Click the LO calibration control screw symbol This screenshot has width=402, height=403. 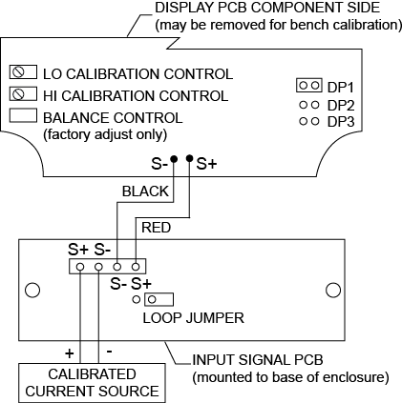(x=18, y=72)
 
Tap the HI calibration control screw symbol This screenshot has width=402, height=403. (x=18, y=94)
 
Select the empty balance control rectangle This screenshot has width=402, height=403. (x=23, y=115)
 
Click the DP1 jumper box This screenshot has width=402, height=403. (x=309, y=86)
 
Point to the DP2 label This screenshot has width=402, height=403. (x=341, y=106)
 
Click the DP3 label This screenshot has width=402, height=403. (x=341, y=122)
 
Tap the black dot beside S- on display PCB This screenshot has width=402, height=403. (x=174, y=158)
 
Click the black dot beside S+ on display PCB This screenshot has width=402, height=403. (x=190, y=158)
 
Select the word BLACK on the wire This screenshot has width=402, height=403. (x=145, y=191)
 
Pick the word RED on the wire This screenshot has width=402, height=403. (x=156, y=228)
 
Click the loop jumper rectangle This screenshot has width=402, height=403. (x=159, y=299)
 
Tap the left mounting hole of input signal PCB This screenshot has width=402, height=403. (x=32, y=290)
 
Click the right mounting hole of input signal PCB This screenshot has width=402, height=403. (x=333, y=290)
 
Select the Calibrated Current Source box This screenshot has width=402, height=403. (x=92, y=383)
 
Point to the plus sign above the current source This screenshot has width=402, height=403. (x=70, y=353)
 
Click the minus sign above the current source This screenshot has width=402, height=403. (x=109, y=352)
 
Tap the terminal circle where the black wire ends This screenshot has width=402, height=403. (x=117, y=267)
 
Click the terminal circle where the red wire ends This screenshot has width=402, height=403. (x=136, y=267)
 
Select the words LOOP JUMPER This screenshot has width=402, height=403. (x=194, y=318)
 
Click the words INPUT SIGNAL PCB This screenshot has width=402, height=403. (x=258, y=360)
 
